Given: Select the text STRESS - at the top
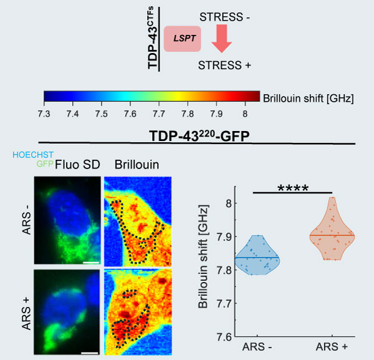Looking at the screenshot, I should coord(224,17).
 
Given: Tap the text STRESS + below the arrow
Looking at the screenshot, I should coord(224,64).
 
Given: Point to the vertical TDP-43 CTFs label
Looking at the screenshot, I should coord(152,37).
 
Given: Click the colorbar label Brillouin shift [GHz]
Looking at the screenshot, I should coord(308,97).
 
